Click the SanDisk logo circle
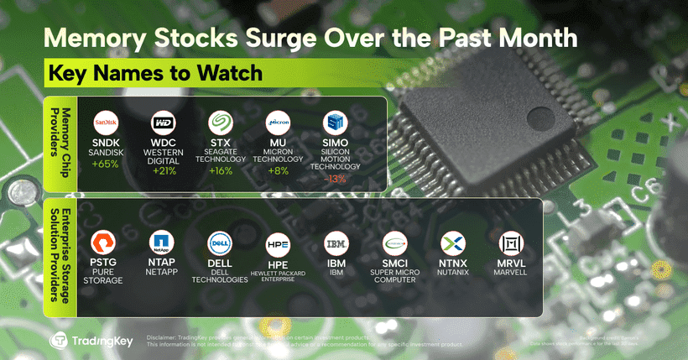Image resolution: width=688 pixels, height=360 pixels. [x=106, y=123]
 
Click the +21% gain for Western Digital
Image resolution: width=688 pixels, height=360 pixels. [x=164, y=172]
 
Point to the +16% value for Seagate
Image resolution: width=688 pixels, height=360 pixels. [x=222, y=172]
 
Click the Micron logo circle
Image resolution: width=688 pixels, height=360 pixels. [x=279, y=123]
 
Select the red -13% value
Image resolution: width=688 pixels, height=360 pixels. [x=336, y=179]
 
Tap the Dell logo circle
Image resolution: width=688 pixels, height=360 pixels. [x=221, y=244]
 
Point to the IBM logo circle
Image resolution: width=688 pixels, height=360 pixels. [x=336, y=244]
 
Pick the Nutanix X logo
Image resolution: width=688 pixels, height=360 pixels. [x=454, y=244]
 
